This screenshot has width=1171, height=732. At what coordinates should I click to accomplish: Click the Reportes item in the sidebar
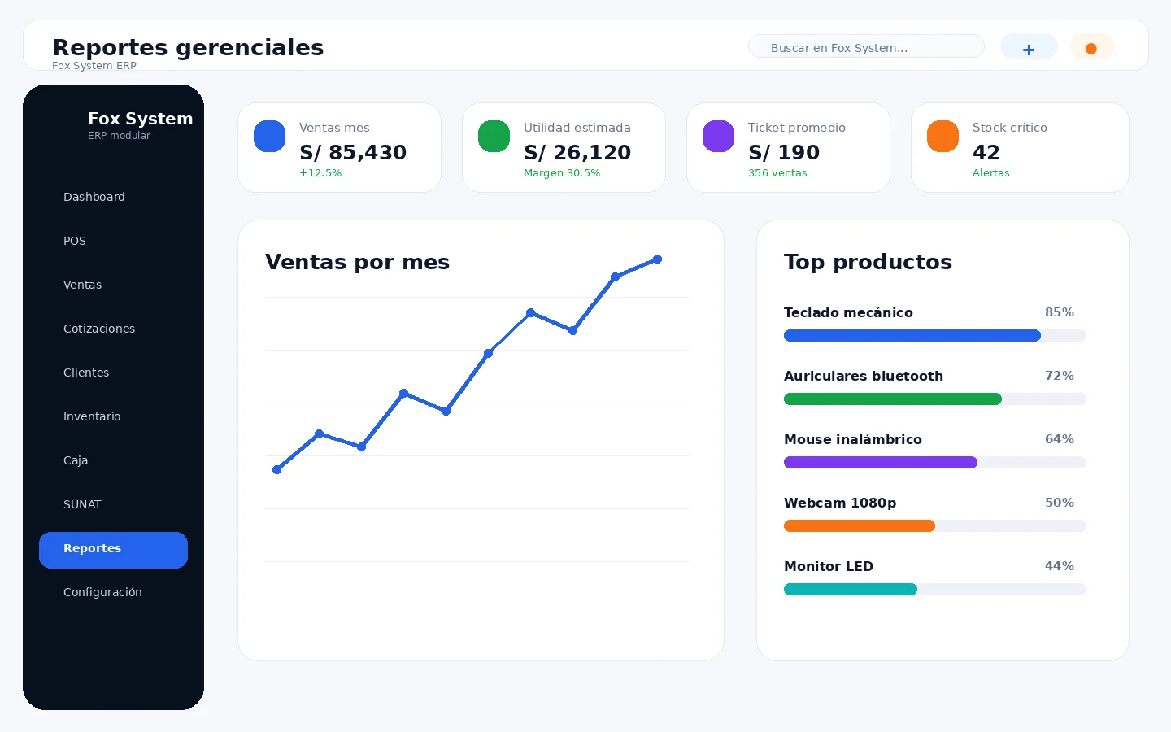pos(113,550)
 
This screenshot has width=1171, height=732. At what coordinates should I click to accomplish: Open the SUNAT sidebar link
pos(82,504)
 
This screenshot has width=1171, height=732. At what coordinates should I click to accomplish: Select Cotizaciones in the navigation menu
pos(99,329)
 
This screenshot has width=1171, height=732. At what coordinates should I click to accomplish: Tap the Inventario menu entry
pos(92,416)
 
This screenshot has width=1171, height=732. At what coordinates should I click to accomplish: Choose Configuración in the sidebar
pos(102,592)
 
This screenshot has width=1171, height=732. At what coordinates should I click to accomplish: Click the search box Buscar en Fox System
pos(866,46)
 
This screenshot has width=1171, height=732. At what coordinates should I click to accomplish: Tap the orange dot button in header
pos(1092,47)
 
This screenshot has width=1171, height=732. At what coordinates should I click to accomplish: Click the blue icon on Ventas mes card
pos(269,137)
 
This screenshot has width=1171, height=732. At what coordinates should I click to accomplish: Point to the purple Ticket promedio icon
pos(718,137)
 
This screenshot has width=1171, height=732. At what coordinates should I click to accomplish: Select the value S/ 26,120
pos(577,152)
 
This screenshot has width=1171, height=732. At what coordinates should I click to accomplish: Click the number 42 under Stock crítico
pos(986,152)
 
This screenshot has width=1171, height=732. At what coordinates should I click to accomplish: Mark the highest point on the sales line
pos(658,259)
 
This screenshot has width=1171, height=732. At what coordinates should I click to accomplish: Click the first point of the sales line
pos(277,469)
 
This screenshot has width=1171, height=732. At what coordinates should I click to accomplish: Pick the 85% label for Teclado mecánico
pos(1059,312)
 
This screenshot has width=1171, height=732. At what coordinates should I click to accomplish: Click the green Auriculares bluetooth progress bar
pos(892,399)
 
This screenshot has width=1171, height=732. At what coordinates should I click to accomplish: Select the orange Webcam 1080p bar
pos(860,526)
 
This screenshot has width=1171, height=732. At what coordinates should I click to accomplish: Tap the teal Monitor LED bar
pos(851,589)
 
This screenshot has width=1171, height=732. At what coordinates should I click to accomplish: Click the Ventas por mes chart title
pos(357,262)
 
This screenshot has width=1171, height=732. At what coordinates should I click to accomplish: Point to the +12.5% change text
pos(320,173)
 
